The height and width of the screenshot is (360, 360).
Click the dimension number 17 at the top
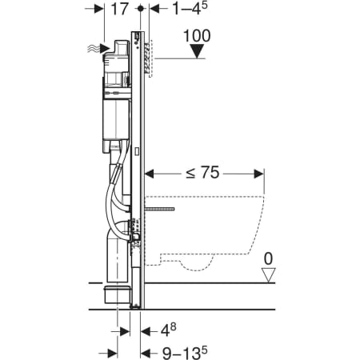(x=120, y=9)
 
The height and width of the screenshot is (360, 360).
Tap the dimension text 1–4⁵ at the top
(x=190, y=9)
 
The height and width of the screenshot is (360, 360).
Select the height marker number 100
(x=197, y=36)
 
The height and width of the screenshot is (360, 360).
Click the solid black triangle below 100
(x=197, y=51)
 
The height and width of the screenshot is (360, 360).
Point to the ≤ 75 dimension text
(x=202, y=173)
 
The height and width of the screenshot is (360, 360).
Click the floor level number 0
(x=268, y=258)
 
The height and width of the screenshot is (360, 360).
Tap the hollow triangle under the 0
(x=268, y=275)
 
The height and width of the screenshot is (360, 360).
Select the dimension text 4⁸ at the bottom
(x=168, y=330)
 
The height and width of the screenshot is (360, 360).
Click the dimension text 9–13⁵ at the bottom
(x=185, y=353)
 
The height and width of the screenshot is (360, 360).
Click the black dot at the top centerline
(x=141, y=9)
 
